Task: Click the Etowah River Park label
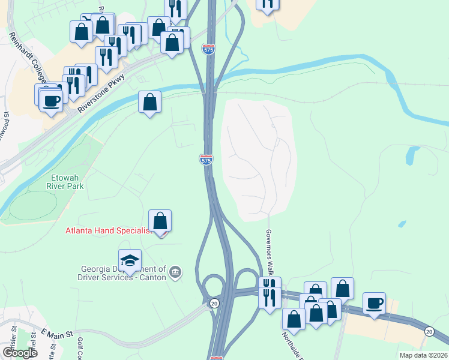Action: (x=67, y=181)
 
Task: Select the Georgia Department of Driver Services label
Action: (x=123, y=273)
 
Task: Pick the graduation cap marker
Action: (x=130, y=260)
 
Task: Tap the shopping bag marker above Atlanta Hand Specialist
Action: (x=160, y=221)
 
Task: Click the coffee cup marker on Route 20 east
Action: (x=374, y=304)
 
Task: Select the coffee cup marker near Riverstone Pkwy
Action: (x=52, y=100)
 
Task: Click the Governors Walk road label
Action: (x=270, y=252)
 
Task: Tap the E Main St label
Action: (x=56, y=332)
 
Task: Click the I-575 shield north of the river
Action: (x=208, y=50)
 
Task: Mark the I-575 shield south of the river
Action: (x=205, y=160)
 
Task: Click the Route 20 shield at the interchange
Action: (x=214, y=304)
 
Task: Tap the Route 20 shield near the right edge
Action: (x=429, y=331)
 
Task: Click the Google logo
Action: (x=20, y=352)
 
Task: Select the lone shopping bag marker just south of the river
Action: (x=149, y=103)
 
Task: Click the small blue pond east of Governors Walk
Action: (x=411, y=155)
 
